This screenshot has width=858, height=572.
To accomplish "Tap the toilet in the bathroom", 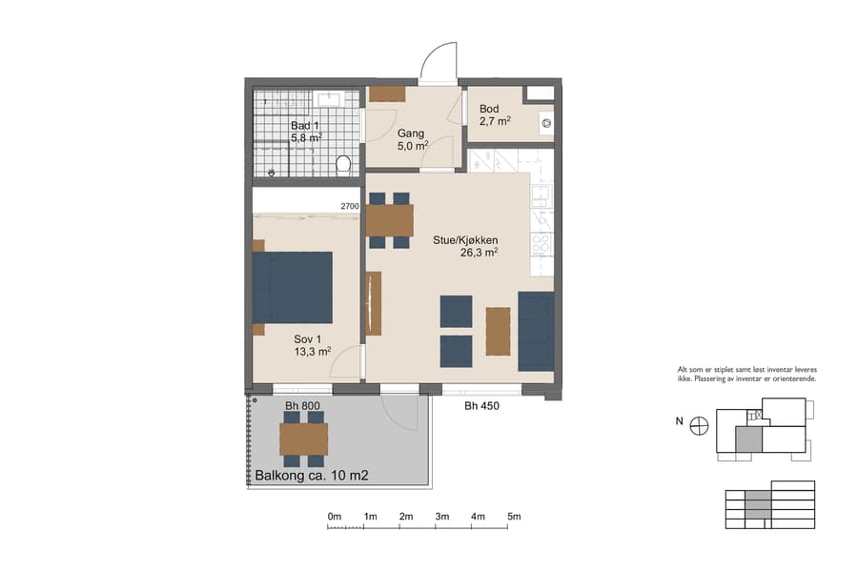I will pos(345,166).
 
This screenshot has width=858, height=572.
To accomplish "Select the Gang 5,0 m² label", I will pos(412,139).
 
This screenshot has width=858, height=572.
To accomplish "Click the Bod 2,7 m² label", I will pos(495,114).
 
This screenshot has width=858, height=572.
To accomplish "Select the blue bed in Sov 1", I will pos(293,288).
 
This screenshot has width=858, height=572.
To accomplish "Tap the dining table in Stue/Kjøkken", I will pos(390,220).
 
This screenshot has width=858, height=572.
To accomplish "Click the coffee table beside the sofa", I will pos(498,331).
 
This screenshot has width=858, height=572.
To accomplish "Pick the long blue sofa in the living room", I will pos(536,332).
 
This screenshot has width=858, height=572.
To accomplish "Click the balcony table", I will pos(303,439).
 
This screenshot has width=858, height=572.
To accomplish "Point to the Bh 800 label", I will pos(302,406).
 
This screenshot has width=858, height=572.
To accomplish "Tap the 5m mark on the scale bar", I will pos(514,517).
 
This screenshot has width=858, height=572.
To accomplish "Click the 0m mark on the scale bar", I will pos(334,517).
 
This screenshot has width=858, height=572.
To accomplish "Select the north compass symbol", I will pos(700,425).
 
